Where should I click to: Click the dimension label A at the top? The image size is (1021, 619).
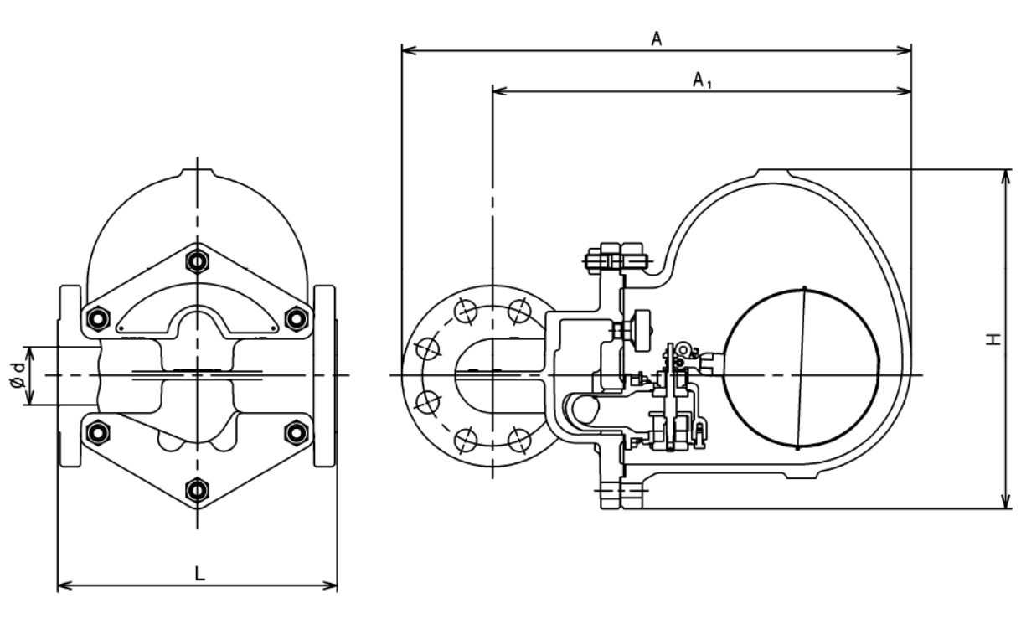[657, 39]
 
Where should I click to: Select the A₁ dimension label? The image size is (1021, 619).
[702, 80]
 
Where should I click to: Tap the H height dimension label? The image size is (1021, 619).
[993, 339]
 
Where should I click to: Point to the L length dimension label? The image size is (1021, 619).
[199, 574]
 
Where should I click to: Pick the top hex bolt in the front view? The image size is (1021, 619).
[197, 261]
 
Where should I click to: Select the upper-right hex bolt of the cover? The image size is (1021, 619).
[296, 318]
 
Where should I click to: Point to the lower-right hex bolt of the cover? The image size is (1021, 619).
[296, 432]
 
